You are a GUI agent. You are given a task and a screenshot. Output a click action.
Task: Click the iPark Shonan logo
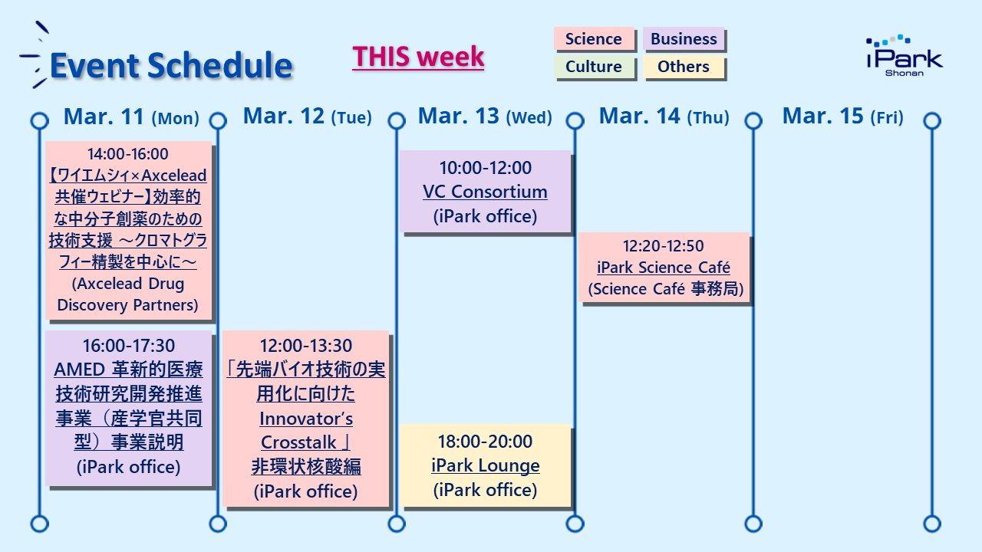(x=905, y=56)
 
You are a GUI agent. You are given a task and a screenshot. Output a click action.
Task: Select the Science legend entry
(x=594, y=39)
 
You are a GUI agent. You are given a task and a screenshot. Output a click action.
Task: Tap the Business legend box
(x=684, y=39)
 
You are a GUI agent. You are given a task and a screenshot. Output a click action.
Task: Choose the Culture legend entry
(x=594, y=67)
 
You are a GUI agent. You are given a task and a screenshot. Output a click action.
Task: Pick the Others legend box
(x=684, y=67)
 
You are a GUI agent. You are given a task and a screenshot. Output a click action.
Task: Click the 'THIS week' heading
(x=418, y=57)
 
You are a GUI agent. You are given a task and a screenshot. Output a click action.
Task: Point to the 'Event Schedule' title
(x=171, y=65)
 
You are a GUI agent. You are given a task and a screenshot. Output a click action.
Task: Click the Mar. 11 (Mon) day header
(x=131, y=117)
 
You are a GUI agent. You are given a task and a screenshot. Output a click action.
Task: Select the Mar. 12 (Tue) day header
(x=308, y=117)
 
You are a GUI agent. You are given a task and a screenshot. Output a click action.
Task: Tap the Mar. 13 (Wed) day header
(x=485, y=117)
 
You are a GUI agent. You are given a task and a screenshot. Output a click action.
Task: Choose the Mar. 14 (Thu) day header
(x=664, y=117)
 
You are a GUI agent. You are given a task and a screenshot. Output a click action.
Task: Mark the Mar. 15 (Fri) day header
(x=843, y=117)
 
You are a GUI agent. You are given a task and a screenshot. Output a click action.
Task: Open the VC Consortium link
(x=485, y=192)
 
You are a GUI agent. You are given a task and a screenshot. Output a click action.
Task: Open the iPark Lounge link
(x=486, y=465)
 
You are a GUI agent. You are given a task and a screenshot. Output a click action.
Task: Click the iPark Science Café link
(x=664, y=268)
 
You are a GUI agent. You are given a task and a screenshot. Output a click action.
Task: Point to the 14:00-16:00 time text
(x=127, y=154)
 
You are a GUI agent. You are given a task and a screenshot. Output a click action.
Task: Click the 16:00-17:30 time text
(x=128, y=346)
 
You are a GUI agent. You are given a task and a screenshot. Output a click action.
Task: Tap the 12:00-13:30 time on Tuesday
(x=305, y=346)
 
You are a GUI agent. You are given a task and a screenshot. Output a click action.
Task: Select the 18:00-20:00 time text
(x=485, y=442)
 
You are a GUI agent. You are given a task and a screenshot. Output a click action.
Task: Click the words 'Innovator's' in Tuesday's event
(x=306, y=419)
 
